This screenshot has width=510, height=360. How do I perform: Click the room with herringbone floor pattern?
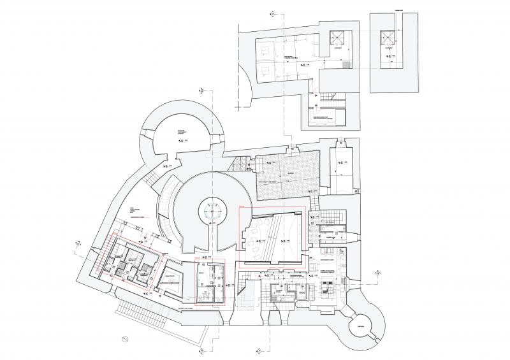[287, 173]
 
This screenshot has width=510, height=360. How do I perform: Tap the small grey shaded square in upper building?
[346, 64]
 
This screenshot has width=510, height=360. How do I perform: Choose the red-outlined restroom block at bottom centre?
[209, 284]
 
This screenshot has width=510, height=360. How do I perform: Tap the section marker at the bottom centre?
[257, 349]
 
